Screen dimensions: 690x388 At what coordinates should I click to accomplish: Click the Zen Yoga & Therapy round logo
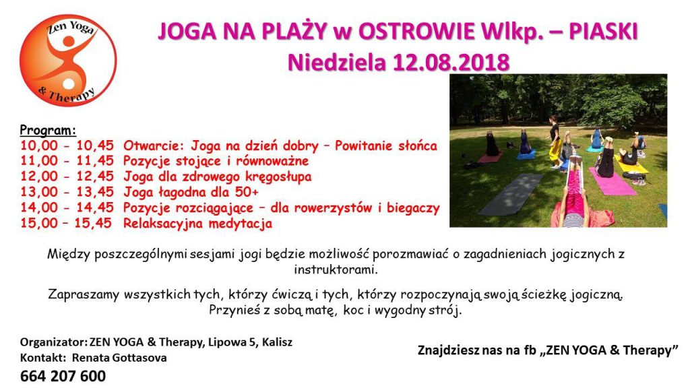[68, 60]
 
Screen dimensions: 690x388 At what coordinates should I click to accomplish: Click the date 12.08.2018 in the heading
[451, 63]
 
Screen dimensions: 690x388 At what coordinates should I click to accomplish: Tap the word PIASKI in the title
[603, 32]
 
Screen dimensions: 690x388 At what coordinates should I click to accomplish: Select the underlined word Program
[48, 131]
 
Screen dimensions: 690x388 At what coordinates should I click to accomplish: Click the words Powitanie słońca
[386, 145]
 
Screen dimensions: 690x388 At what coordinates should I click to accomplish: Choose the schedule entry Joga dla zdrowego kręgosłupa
[218, 177]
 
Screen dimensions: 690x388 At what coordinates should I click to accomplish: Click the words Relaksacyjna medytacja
[197, 224]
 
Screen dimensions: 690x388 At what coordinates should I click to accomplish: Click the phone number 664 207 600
[63, 376]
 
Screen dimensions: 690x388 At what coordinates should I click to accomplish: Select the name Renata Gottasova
[119, 358]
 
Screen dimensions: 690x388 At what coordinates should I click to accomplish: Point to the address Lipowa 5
[232, 342]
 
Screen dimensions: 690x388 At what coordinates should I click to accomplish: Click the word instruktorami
[336, 269]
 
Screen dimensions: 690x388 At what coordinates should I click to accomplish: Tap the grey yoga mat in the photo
[511, 194]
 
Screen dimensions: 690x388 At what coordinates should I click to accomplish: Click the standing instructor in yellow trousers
[555, 141]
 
